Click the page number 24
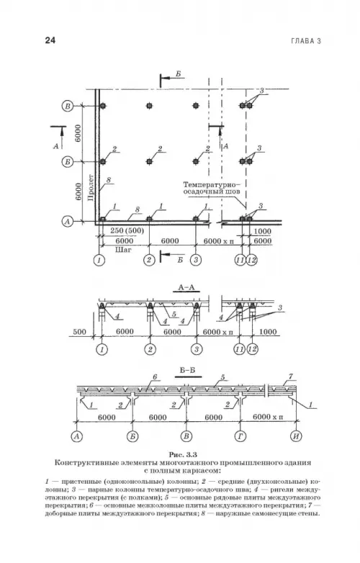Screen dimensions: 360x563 50,40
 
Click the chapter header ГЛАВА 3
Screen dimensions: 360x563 306,41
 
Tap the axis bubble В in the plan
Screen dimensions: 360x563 68,106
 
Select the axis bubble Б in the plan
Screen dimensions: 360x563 68,162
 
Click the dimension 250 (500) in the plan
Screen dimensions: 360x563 122,231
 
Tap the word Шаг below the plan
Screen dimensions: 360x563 123,249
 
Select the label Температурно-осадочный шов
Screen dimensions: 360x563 212,189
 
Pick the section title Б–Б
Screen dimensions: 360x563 188,370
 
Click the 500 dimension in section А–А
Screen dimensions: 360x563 79,331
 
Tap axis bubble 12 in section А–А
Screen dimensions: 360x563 253,349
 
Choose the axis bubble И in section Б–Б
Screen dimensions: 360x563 296,436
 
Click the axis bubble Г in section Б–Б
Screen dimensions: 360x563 240,436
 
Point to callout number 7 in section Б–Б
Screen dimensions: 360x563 291,377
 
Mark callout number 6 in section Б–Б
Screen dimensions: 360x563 155,377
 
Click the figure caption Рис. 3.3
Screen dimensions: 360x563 183,454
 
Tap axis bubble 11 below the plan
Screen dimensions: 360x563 240,260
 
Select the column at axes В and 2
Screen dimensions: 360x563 149,106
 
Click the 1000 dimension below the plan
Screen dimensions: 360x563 262,231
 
